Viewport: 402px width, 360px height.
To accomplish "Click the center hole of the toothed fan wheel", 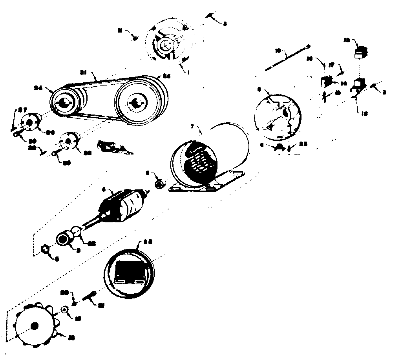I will [34, 325].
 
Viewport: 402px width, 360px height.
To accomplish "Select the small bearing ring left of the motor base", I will [159, 183].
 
